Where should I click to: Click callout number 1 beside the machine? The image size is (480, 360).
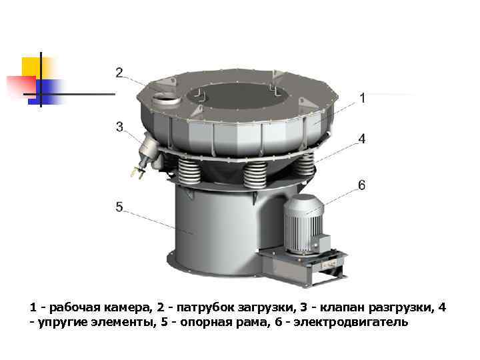pyautogui.click(x=363, y=98)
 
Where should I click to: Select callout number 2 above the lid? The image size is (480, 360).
pyautogui.click(x=119, y=73)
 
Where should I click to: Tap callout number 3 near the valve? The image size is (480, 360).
pyautogui.click(x=120, y=127)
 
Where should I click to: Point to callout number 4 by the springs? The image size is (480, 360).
pyautogui.click(x=362, y=139)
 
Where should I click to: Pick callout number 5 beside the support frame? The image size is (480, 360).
pyautogui.click(x=119, y=207)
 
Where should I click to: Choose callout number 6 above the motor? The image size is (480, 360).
pyautogui.click(x=361, y=185)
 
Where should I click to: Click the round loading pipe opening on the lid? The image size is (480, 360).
pyautogui.click(x=165, y=99)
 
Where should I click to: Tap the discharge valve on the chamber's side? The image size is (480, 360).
pyautogui.click(x=147, y=153)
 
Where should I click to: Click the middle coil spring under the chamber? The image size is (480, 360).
pyautogui.click(x=255, y=175)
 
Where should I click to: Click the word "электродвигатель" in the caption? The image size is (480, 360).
pyautogui.click(x=351, y=322)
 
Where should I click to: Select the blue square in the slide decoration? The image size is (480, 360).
pyautogui.click(x=46, y=92)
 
